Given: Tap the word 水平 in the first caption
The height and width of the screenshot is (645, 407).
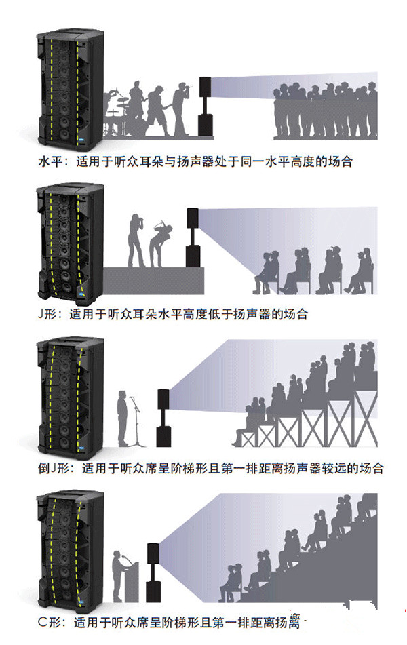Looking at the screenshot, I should [x=50, y=163].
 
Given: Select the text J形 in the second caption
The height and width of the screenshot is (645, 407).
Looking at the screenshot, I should [x=49, y=315].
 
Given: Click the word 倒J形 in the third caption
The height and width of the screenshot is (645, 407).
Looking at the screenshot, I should [x=54, y=468].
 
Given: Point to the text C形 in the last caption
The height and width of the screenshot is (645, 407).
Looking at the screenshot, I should [x=49, y=620].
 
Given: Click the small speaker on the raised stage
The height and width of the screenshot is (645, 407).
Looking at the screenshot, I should [x=193, y=237].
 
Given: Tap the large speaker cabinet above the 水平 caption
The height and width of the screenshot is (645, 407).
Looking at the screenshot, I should [x=69, y=85].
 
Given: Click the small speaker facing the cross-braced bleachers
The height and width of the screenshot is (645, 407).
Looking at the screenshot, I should [x=163, y=416].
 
